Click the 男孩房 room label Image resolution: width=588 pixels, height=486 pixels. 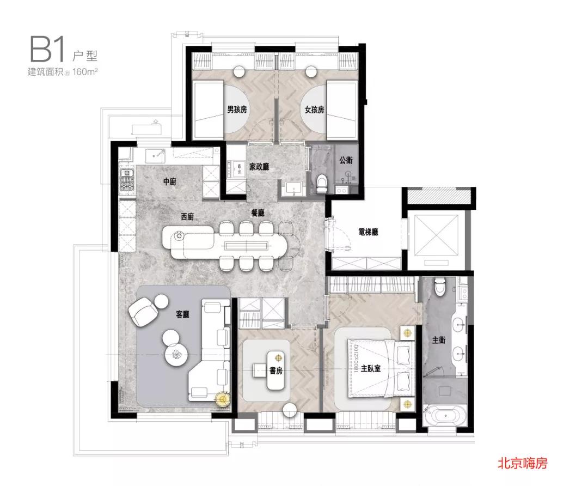[237, 110]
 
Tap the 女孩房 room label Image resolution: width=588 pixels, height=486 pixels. [314, 110]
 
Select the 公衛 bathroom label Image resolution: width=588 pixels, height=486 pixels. [346, 160]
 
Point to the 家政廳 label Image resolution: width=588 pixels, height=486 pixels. [259, 167]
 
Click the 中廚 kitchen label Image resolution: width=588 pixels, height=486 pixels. [169, 182]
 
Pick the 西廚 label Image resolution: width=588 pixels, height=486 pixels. [187, 217]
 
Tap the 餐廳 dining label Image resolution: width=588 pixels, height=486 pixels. [258, 213]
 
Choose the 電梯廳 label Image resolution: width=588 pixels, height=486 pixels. [368, 232]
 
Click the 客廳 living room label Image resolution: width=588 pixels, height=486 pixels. [182, 314]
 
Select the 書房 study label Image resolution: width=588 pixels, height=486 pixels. [276, 371]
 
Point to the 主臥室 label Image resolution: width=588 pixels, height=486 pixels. [371, 368]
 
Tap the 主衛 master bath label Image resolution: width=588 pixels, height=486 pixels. [439, 340]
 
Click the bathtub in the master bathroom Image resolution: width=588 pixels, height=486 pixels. [445, 416]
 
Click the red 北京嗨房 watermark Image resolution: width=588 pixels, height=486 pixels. [522, 463]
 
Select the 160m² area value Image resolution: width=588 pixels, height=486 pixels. [85, 71]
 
